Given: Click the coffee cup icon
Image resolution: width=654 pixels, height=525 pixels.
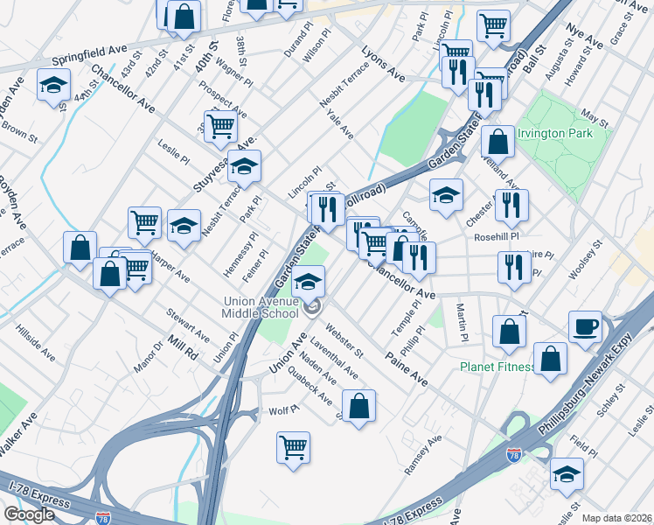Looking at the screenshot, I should pyautogui.click(x=585, y=327).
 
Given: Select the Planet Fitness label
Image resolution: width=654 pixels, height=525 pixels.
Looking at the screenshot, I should pyautogui.click(x=497, y=367).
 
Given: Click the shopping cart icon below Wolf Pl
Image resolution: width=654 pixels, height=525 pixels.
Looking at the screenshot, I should pyautogui.click(x=294, y=446).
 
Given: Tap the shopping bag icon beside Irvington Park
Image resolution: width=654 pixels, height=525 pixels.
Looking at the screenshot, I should pyautogui.click(x=497, y=141).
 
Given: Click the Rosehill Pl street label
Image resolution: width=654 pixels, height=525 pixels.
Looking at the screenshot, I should pyautogui.click(x=497, y=236).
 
